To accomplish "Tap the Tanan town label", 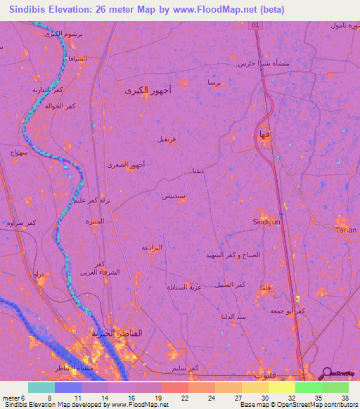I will pyautogui.click(x=345, y=230).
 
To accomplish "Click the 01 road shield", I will pyautogui.click(x=257, y=25).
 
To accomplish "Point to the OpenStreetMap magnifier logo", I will pyautogui.click(x=326, y=375).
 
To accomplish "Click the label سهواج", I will pyautogui.click(x=19, y=152).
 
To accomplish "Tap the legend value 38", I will pyautogui.click(x=344, y=397).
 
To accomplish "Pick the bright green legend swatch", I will pyautogui.click(x=308, y=387).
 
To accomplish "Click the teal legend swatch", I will pyautogui.click(x=41, y=387).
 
